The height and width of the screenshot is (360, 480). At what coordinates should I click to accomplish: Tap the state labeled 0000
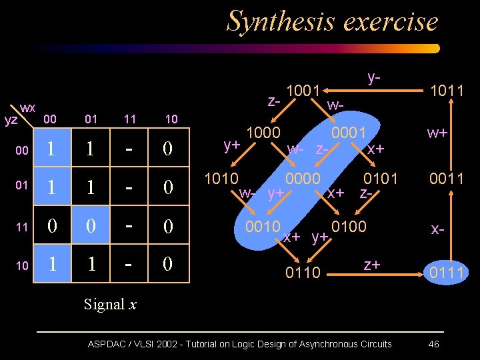[x=303, y=179]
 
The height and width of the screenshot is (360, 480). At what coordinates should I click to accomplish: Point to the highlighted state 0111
[x=447, y=272]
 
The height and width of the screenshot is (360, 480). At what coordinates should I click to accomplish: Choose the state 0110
[x=303, y=272]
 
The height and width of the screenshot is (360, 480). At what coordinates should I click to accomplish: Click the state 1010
[x=221, y=179]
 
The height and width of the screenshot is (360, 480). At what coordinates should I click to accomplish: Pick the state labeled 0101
[x=380, y=179]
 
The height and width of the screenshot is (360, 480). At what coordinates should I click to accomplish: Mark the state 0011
[x=447, y=179]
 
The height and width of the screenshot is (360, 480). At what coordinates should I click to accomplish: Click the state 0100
[x=349, y=226]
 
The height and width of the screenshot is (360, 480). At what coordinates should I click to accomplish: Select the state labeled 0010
[x=263, y=226]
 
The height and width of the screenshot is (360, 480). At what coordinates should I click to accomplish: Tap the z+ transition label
[x=371, y=265]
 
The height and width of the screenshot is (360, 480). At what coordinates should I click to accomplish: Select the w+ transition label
[x=437, y=133]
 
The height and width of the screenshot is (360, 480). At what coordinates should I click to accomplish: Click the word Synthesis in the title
[x=274, y=21]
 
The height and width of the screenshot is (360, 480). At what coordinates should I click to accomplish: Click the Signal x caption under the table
[x=110, y=304]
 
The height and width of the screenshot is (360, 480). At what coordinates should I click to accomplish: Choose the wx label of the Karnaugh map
[x=28, y=107]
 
